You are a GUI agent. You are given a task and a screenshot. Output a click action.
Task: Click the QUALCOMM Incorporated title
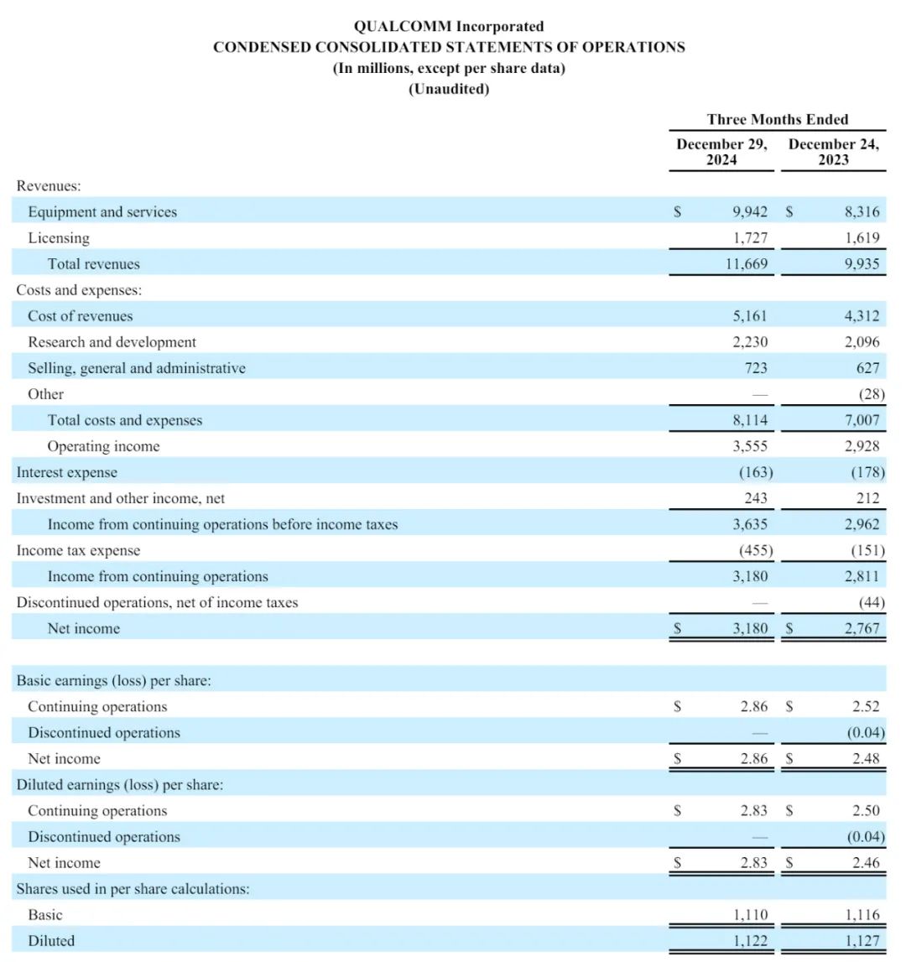tap(449, 27)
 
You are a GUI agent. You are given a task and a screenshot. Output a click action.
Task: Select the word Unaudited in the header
tap(449, 89)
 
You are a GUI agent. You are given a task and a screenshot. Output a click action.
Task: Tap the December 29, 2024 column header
tap(721, 152)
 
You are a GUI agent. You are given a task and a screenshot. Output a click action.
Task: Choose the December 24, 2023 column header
tap(834, 152)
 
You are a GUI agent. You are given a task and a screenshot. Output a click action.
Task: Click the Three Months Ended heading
tap(778, 119)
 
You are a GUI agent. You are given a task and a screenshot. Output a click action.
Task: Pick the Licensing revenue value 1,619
tap(862, 238)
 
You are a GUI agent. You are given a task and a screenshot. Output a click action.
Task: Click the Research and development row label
tap(112, 342)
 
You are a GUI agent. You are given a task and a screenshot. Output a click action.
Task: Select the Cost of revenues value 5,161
tap(750, 316)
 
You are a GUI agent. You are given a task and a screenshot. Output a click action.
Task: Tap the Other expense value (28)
tap(868, 394)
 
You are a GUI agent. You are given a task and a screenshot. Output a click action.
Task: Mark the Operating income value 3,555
tap(750, 446)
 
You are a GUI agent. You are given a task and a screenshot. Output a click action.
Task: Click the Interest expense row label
tap(67, 473)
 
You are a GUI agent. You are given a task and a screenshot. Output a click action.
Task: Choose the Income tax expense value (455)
tap(755, 551)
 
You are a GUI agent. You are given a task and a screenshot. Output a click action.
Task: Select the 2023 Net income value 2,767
tap(862, 629)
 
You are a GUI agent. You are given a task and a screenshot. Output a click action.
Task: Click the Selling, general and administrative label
tap(137, 368)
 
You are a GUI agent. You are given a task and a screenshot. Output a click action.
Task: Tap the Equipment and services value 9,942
tap(750, 212)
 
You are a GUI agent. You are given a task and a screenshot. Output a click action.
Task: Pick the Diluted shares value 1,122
tap(750, 941)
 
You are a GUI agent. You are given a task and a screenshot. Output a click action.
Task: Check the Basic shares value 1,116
tap(862, 915)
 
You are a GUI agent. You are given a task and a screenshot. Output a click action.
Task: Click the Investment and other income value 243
tap(755, 499)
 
